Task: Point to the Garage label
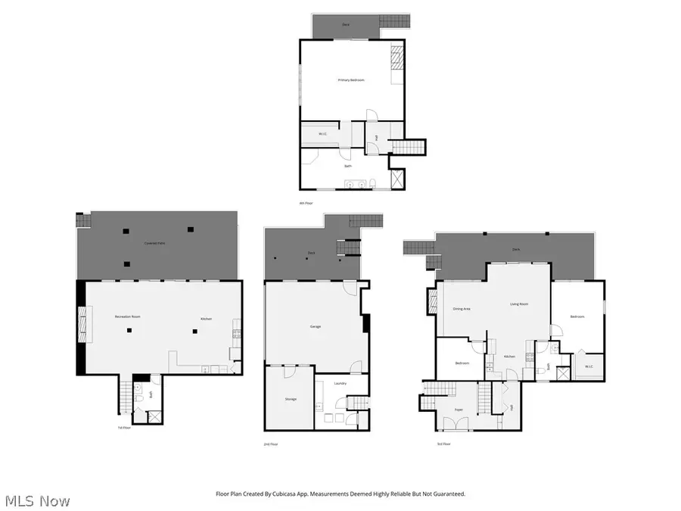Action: (316, 326)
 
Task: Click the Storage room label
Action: (291, 399)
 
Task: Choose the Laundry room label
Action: (340, 383)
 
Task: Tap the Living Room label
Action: (518, 304)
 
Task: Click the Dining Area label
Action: (462, 309)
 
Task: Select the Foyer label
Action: (459, 410)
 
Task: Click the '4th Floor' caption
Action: (305, 203)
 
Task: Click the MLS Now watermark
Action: (37, 501)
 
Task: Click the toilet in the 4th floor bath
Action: (373, 182)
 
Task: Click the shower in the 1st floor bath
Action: (154, 416)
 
